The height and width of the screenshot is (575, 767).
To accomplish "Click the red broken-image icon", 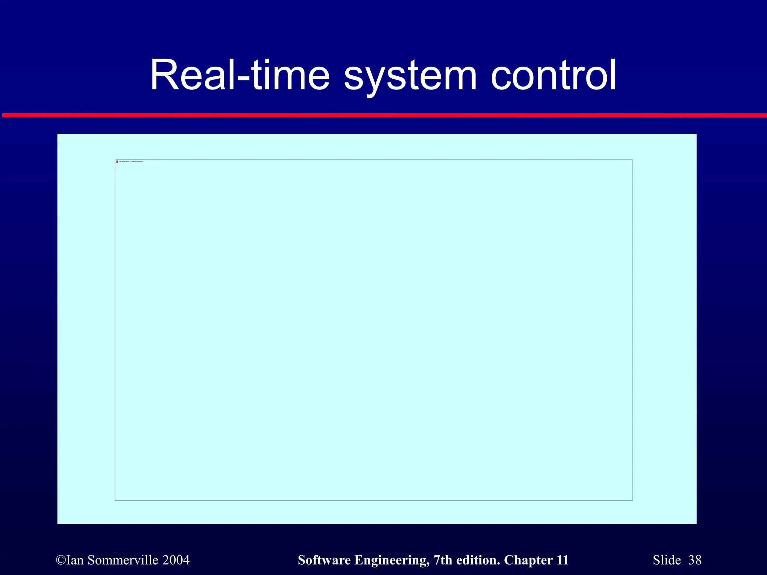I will click(x=117, y=162).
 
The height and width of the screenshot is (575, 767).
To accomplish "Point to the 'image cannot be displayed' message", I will click(x=131, y=161).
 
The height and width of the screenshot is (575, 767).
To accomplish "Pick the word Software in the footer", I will click(x=324, y=560).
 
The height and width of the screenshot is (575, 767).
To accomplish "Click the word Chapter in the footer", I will click(x=528, y=560).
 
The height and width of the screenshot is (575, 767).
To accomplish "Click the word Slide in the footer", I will click(x=667, y=560).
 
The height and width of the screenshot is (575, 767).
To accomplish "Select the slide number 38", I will click(x=695, y=560).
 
